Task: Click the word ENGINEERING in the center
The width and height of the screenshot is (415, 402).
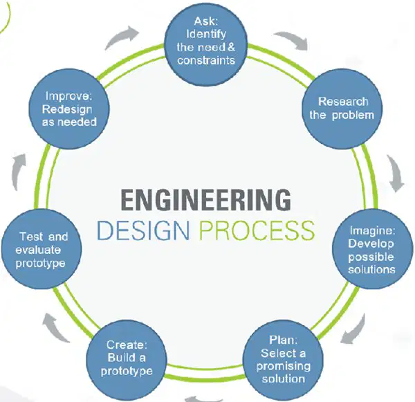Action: (206, 200)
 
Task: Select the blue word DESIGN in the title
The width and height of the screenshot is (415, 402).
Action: (143, 230)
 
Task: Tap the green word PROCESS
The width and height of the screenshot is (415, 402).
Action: (257, 230)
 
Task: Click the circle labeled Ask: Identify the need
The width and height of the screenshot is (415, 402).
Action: (206, 45)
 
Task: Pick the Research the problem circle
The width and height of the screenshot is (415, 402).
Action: (342, 109)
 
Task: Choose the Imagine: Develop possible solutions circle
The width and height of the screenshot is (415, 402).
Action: (372, 249)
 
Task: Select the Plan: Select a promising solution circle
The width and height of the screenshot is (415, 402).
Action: (283, 360)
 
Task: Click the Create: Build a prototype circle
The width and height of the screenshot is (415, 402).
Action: (127, 360)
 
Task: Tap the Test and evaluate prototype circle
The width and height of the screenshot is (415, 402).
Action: (41, 249)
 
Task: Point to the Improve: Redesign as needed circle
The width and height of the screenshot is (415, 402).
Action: (68, 109)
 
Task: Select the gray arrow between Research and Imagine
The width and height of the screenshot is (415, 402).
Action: (396, 172)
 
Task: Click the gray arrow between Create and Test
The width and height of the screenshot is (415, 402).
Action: (54, 328)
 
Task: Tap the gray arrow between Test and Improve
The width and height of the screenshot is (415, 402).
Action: (18, 172)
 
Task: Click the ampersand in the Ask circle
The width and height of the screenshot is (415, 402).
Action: (231, 47)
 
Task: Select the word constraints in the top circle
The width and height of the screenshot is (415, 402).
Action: (206, 60)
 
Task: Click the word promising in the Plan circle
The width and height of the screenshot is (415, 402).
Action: (283, 366)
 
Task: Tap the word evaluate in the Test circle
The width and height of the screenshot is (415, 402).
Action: (38, 250)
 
